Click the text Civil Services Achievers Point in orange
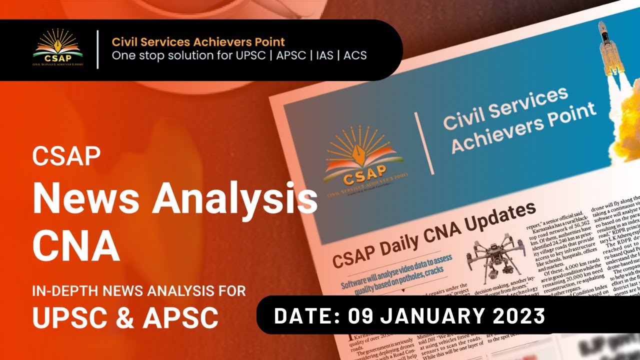pyautogui.click(x=198, y=41)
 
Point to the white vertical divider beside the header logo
pyautogui.click(x=97, y=49)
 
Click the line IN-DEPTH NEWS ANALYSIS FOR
pyautogui.click(x=139, y=290)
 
